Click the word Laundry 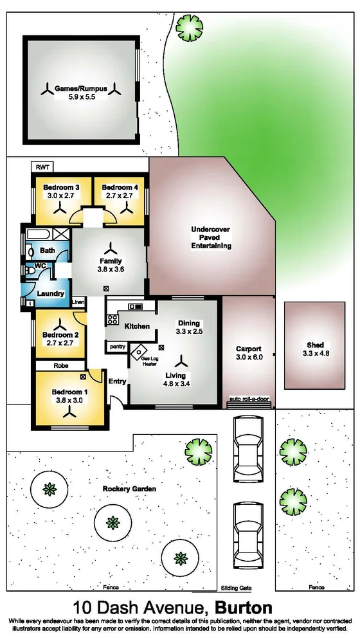click(x=51, y=293)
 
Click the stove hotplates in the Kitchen click(x=113, y=318)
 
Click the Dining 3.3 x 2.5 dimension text click(x=190, y=331)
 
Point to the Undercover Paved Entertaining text click(x=210, y=237)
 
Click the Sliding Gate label click(x=236, y=588)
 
